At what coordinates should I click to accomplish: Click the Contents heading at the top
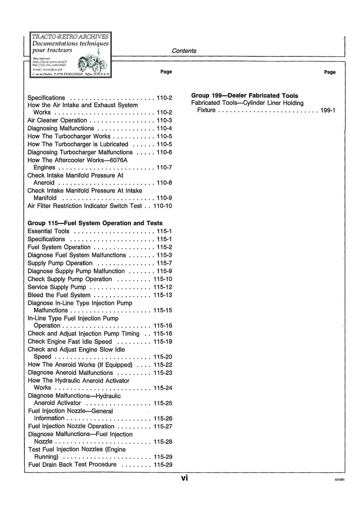(x=184, y=51)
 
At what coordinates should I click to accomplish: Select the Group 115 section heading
(x=95, y=223)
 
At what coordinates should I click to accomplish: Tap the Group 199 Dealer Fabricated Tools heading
(x=244, y=96)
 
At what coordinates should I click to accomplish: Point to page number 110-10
(x=162, y=206)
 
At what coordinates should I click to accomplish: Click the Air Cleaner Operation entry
(x=57, y=120)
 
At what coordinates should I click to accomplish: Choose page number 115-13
(x=162, y=295)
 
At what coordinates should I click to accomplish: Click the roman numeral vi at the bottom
(x=184, y=478)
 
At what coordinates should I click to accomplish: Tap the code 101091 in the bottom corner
(x=340, y=480)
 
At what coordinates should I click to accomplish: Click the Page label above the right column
(x=330, y=72)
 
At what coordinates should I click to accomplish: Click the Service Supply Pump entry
(x=56, y=287)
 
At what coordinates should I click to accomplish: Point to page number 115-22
(x=162, y=365)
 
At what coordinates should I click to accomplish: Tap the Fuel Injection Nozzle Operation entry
(x=72, y=426)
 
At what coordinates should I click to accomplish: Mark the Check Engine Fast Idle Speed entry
(x=70, y=341)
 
